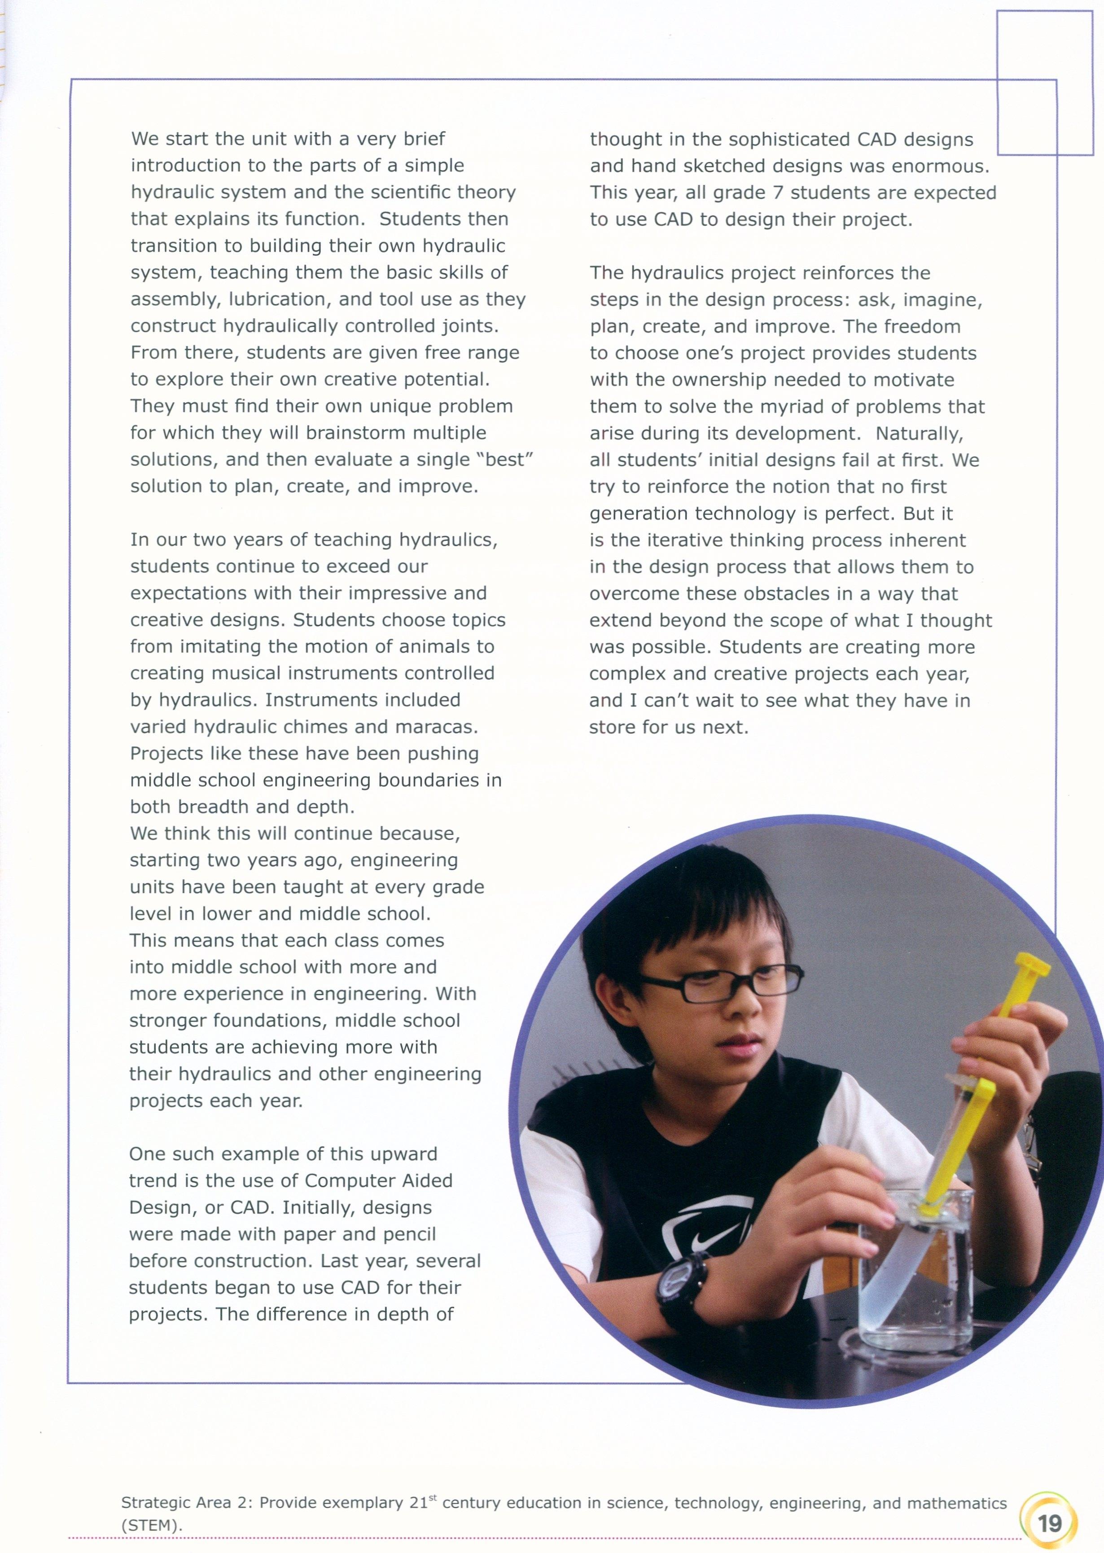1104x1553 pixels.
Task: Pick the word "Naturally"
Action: pyautogui.click(x=918, y=433)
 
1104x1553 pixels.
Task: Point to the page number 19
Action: pyautogui.click(x=1049, y=1523)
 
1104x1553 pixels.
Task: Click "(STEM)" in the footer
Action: pyautogui.click(x=151, y=1525)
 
